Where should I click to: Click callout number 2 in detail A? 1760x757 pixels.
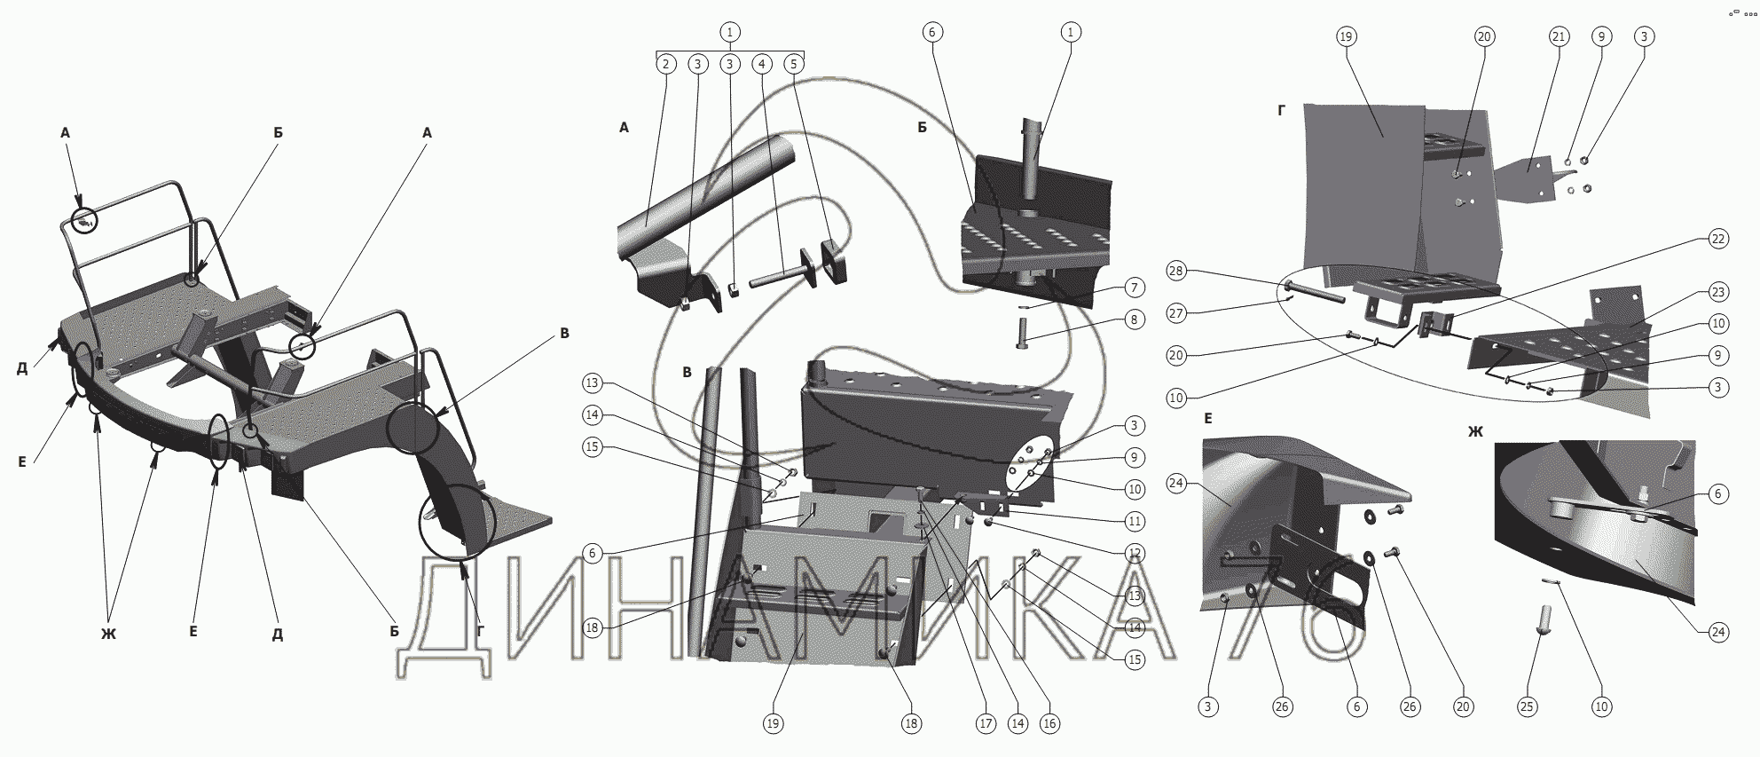click(x=666, y=64)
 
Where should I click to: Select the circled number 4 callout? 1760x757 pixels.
click(x=762, y=64)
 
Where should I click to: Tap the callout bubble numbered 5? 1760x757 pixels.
click(x=795, y=64)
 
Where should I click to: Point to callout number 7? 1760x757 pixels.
click(x=1135, y=288)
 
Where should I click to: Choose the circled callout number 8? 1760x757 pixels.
click(x=1135, y=319)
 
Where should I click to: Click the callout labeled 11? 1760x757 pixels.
click(x=1135, y=521)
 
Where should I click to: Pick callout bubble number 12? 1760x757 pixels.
click(x=1135, y=553)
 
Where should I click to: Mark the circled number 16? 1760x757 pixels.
click(x=1049, y=723)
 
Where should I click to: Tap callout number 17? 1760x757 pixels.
click(x=986, y=723)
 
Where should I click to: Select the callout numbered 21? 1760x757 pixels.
click(x=1559, y=37)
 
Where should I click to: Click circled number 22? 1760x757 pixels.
click(x=1718, y=240)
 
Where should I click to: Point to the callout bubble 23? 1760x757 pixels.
click(x=1718, y=292)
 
